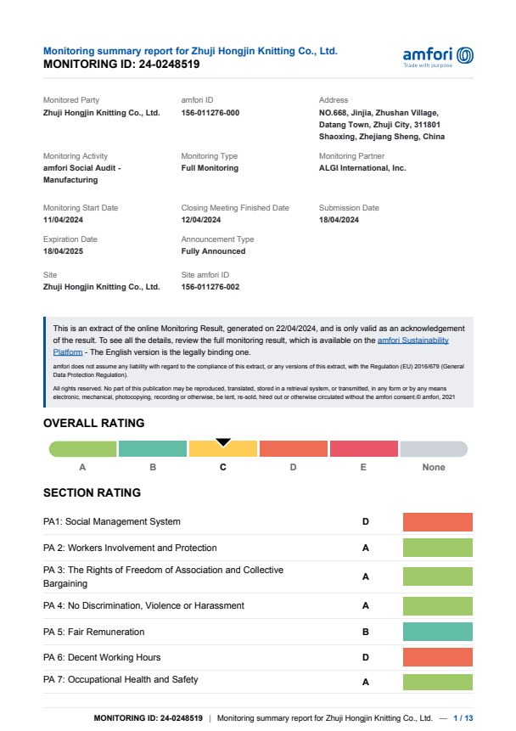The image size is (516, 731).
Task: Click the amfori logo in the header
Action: [438, 56]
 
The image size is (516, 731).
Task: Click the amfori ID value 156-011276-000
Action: [210, 113]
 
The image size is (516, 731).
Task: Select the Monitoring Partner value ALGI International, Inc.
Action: [362, 168]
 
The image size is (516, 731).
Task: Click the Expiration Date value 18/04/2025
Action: [63, 251]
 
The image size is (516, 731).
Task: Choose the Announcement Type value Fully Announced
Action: [213, 251]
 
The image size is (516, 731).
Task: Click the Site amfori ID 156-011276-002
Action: [210, 287]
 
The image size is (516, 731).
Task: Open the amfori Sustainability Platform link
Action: [412, 340]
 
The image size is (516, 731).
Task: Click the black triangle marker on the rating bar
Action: [223, 441]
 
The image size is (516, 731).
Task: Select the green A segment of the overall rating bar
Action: [82, 449]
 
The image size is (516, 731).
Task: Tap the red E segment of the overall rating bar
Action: [363, 449]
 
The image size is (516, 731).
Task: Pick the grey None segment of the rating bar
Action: [434, 449]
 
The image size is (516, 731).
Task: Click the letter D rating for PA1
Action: [366, 521]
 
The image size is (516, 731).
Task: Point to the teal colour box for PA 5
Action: [437, 632]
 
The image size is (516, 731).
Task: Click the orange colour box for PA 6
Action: [437, 657]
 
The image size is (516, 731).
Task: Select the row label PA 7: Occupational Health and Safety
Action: [121, 679]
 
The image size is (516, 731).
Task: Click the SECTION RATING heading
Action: [92, 492]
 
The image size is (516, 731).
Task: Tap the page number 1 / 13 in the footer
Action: [463, 718]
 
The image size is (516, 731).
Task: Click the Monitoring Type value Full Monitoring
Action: [210, 168]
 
